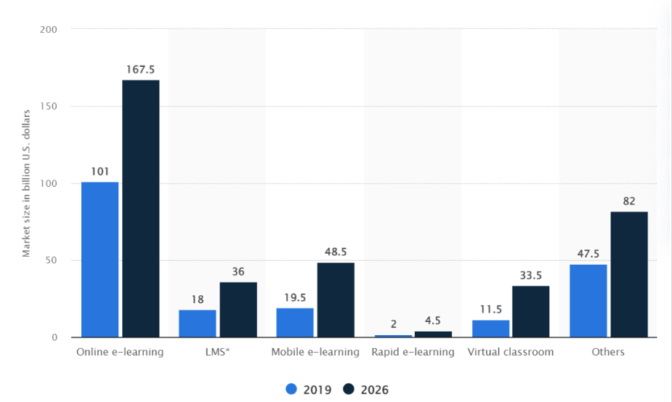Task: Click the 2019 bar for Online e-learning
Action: [100, 260]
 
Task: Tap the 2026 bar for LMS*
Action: [238, 310]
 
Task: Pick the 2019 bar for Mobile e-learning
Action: [295, 323]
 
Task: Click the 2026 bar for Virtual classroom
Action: [530, 311]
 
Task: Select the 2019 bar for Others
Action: [588, 301]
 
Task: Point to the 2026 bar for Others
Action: [628, 274]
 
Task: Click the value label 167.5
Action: [140, 70]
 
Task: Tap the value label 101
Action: [100, 172]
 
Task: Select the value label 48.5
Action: [336, 252]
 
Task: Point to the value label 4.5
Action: [433, 321]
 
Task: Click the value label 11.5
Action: [490, 309]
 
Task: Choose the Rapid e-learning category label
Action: [413, 352]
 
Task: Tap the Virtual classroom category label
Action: [510, 352]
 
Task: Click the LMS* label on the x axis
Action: [217, 352]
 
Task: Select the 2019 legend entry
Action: [309, 390]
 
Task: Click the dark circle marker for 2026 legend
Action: [349, 390]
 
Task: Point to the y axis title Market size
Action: [26, 183]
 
